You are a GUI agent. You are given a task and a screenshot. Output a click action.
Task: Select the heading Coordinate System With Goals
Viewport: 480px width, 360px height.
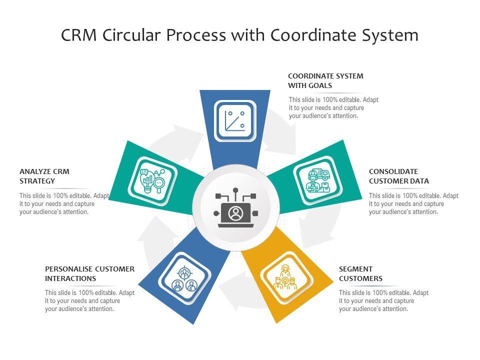325,80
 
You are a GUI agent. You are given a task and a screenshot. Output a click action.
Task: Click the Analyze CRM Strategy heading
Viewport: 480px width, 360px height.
44,176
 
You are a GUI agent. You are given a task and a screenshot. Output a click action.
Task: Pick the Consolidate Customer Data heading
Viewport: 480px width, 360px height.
399,176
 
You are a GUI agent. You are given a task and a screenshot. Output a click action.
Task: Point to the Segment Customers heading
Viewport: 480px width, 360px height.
360,273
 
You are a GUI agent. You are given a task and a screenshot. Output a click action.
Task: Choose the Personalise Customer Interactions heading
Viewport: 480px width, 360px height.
89,273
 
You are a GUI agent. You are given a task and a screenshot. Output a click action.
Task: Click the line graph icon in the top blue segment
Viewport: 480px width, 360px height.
235,120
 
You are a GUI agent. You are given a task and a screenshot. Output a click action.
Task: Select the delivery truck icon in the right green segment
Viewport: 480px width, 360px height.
318,180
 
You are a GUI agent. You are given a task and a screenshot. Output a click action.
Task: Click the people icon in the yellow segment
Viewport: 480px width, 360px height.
285,279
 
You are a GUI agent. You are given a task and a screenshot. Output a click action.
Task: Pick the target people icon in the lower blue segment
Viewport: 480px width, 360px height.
184,279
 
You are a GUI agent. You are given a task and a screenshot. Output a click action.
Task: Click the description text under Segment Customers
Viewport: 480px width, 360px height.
383,301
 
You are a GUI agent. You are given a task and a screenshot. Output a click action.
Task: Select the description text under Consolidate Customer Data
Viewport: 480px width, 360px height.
413,204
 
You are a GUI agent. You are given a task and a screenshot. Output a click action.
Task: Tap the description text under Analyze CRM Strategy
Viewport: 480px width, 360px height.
64,204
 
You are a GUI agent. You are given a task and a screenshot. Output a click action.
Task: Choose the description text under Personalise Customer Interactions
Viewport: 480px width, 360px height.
89,301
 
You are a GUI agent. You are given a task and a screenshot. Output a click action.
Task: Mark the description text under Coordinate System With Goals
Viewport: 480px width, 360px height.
333,108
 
